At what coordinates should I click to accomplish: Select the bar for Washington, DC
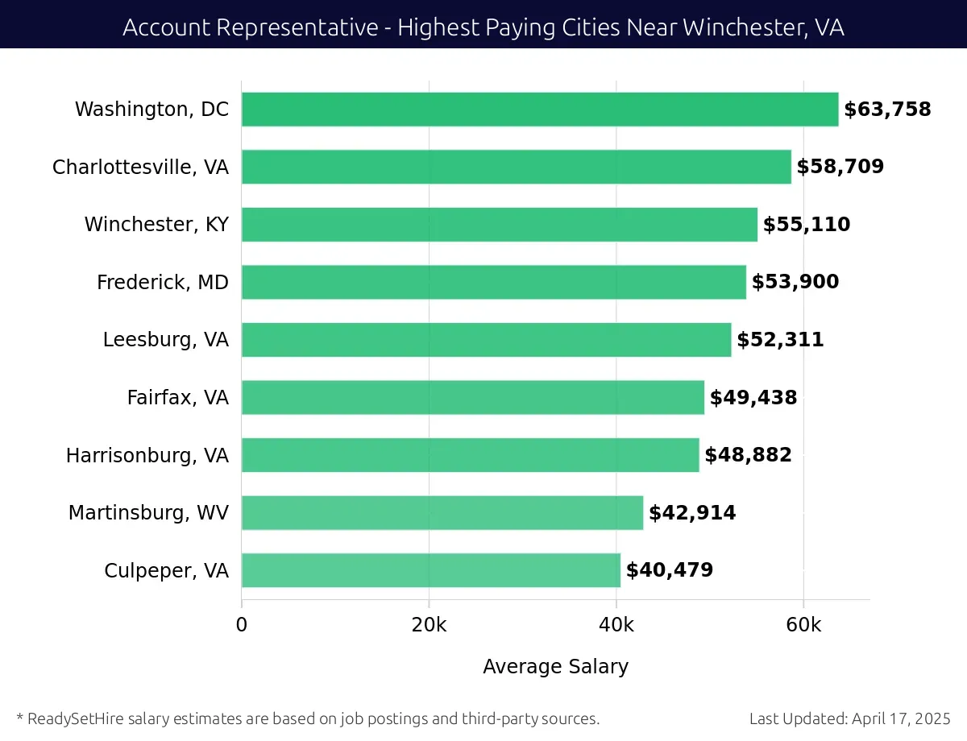[540, 110]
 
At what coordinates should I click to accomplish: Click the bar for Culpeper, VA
[431, 570]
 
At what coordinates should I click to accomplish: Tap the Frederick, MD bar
[494, 282]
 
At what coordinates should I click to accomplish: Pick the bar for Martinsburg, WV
[442, 513]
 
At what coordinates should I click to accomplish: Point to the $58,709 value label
[840, 167]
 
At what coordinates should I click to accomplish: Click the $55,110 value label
[806, 225]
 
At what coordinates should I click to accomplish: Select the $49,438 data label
[753, 398]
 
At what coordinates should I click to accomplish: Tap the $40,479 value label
[669, 570]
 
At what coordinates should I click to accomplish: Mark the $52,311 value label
[779, 340]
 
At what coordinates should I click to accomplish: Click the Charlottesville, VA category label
[140, 167]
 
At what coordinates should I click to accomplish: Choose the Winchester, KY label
[156, 225]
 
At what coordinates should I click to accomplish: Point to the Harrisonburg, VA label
[147, 455]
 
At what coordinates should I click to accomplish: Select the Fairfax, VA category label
[177, 398]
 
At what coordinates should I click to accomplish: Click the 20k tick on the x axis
[429, 626]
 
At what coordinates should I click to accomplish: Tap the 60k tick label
[803, 626]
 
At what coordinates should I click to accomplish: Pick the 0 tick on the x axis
[242, 626]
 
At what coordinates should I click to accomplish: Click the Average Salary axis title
[555, 667]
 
